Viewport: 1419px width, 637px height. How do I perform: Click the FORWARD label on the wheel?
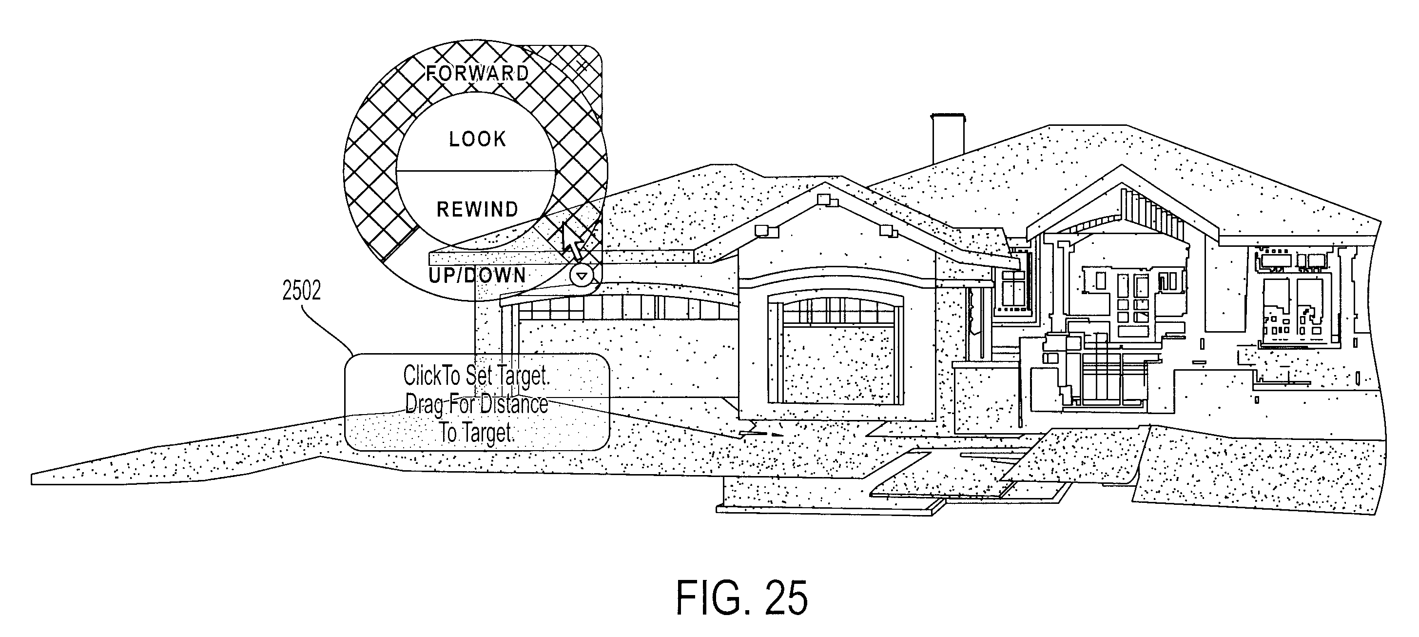478,73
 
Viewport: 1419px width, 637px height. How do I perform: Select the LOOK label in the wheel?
478,139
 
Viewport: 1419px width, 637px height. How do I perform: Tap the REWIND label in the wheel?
478,209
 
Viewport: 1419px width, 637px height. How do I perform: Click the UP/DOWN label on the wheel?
477,275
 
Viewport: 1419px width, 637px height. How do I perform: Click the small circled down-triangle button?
582,275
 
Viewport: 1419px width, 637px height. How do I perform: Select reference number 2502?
301,291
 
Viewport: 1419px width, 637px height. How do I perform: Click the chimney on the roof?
948,139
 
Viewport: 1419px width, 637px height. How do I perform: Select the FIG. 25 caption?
742,598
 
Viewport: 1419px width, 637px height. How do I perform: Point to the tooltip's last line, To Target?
476,433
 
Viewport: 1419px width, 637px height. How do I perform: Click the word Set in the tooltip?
479,376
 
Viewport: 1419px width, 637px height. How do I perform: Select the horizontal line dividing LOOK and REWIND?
475,171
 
